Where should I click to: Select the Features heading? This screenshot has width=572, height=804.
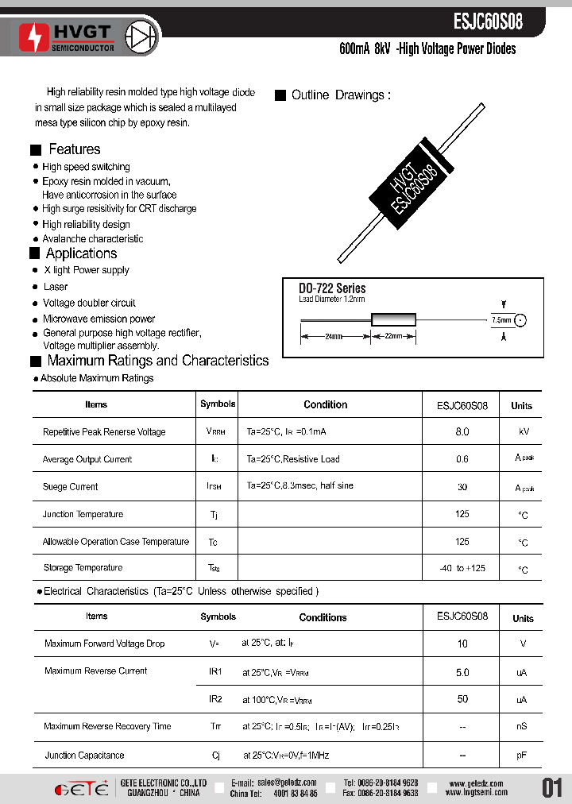click(x=74, y=149)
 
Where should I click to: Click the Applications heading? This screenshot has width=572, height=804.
click(x=81, y=253)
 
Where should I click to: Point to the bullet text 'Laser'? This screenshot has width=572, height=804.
click(x=56, y=287)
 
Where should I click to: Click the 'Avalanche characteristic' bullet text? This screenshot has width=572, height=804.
click(x=93, y=238)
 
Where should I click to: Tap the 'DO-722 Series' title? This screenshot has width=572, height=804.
click(x=332, y=288)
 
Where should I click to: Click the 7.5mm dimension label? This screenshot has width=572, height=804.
click(x=502, y=320)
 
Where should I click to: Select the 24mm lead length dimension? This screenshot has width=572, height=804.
click(x=334, y=337)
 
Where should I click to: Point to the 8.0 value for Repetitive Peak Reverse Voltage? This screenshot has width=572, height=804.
click(x=462, y=432)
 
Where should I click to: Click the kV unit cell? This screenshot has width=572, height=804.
click(x=523, y=432)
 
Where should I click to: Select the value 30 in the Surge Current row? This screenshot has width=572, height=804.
click(x=462, y=487)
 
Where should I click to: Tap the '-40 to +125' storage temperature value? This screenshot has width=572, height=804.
click(x=462, y=569)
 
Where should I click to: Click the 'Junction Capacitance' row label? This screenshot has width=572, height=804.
click(x=84, y=756)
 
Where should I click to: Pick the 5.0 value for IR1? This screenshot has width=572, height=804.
click(x=462, y=672)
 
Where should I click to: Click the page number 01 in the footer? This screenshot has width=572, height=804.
click(x=552, y=788)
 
